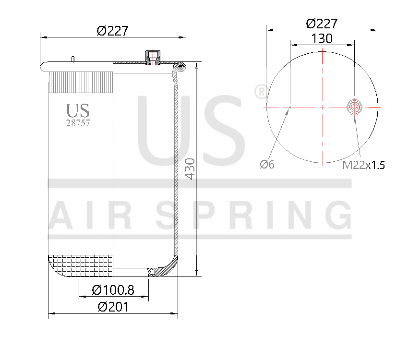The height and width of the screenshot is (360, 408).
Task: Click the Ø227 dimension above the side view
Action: point(112,31)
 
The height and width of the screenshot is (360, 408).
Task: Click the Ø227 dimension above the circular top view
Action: point(322,23)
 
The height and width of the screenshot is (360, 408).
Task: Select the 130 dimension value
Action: point(322,39)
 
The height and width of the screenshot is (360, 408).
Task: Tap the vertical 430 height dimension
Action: point(191,168)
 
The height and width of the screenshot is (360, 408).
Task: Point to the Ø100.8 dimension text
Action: point(113,290)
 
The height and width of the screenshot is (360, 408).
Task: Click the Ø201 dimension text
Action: point(113,307)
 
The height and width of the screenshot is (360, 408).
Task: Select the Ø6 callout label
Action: point(267,165)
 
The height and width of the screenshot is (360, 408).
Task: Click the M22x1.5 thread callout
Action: point(363,166)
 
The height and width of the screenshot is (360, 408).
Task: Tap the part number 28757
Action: point(78,123)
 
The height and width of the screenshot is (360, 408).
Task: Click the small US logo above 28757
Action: point(78,111)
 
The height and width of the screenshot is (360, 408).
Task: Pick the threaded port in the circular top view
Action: point(354,107)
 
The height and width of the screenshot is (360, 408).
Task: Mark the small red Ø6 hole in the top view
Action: point(290,108)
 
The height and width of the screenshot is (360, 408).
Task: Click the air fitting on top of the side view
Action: point(153,57)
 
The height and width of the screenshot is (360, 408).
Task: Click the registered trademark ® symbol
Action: point(259,92)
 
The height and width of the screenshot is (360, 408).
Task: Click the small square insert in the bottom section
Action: point(153,273)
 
